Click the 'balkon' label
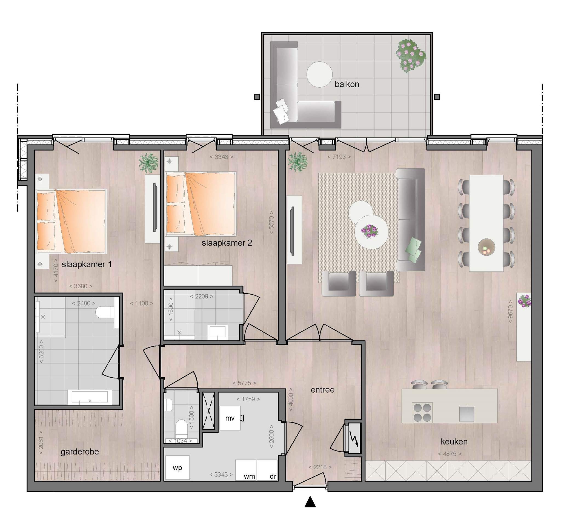click(347, 84)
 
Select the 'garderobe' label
click(80, 452)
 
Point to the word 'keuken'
click(454, 441)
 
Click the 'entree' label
click(323, 390)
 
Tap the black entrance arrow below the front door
click(310, 502)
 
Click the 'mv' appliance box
click(230, 418)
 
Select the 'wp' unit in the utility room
click(177, 468)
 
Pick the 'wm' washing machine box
click(246, 470)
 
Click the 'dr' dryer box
click(267, 470)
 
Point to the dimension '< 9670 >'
click(510, 312)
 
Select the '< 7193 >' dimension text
click(339, 157)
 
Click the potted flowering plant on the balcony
click(411, 55)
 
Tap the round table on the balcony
click(319, 74)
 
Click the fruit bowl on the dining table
click(486, 247)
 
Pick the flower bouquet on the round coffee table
click(370, 231)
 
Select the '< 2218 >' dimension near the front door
click(320, 467)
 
